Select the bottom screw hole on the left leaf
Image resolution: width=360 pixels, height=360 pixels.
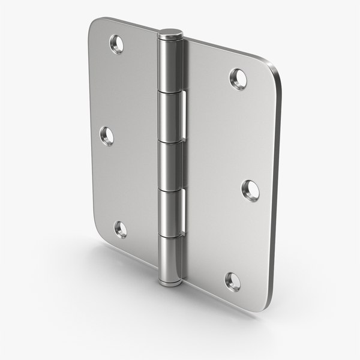[x=121, y=229]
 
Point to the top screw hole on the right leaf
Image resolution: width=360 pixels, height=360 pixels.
[x=238, y=78]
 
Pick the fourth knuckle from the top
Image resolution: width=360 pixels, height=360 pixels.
[x=170, y=210]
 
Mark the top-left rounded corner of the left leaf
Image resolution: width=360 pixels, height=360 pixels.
[x=96, y=25]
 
